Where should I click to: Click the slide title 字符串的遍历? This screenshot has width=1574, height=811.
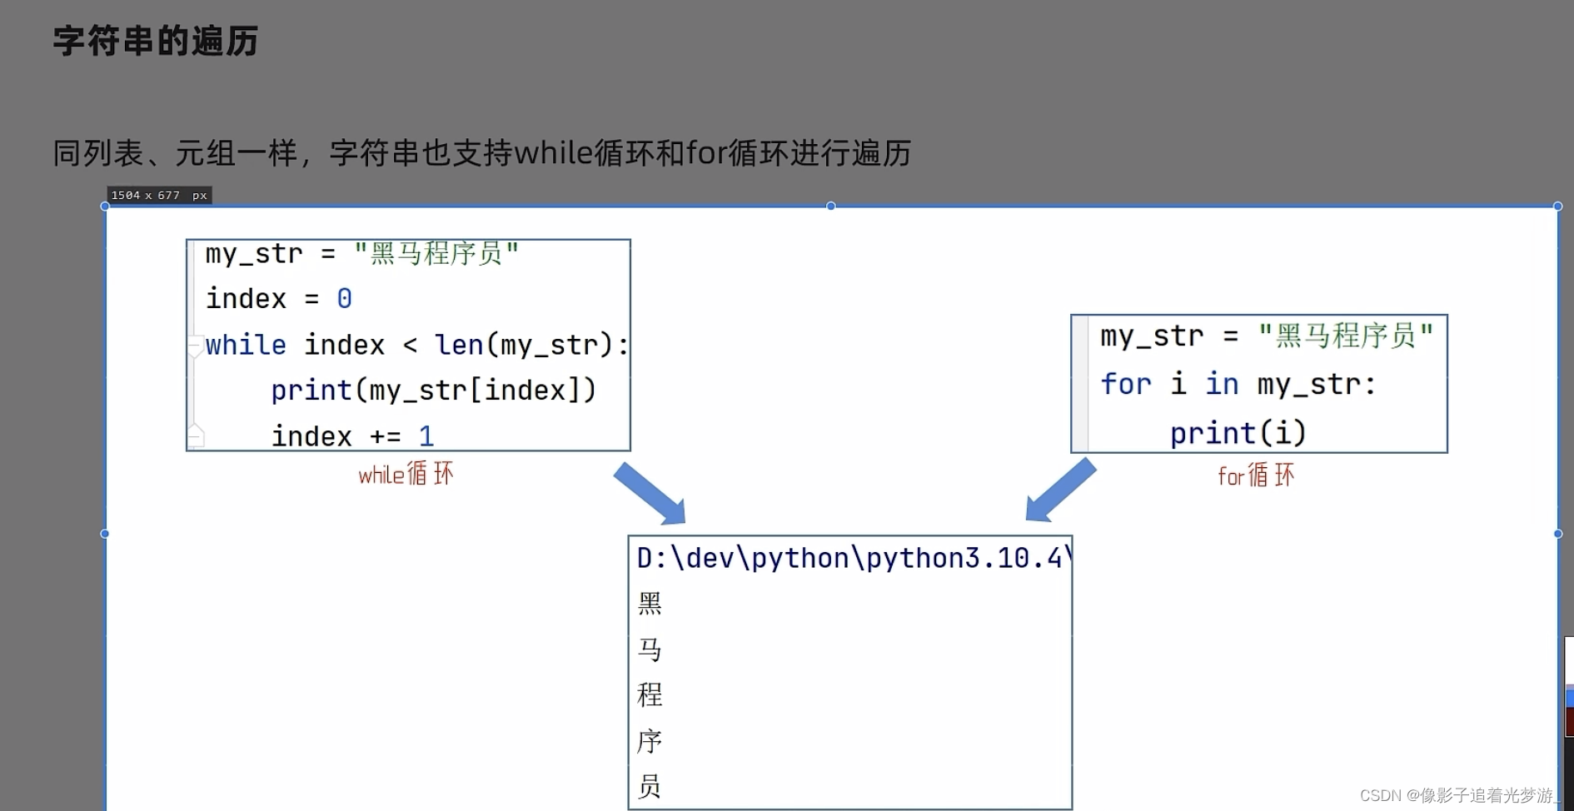point(156,41)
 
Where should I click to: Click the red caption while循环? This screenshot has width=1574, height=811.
point(406,475)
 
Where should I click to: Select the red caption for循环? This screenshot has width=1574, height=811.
point(1255,475)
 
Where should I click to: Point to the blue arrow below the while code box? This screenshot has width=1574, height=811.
point(650,494)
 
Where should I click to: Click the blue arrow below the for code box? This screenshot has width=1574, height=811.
point(1060,491)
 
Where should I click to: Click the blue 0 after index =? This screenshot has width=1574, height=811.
point(344,298)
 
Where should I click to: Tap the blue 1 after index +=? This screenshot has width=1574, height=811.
point(426,435)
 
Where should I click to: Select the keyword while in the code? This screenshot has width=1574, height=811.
point(246,345)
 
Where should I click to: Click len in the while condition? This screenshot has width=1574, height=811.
point(459,345)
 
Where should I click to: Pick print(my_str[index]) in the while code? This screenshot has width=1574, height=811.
point(433,390)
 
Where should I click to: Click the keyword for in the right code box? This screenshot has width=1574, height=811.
point(1125,384)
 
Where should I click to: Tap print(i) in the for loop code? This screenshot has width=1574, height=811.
point(1238,433)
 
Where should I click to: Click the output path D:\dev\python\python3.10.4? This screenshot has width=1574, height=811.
point(849,558)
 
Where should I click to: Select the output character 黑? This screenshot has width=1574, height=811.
point(650,603)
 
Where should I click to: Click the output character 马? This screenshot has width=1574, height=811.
point(650,649)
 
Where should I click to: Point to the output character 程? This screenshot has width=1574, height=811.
point(650,694)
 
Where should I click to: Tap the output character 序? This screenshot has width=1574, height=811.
point(650,740)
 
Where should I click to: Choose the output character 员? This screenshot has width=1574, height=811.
point(650,786)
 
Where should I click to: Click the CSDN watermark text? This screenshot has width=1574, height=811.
point(1457,795)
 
